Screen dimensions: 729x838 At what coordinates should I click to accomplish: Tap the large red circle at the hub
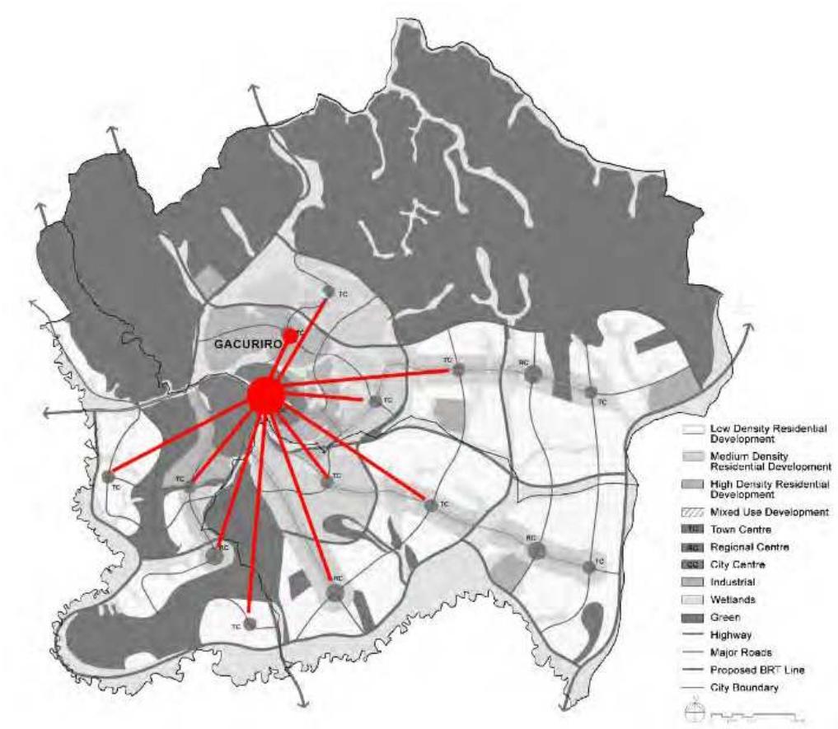pos(266,395)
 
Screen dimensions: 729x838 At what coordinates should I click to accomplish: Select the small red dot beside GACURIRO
pos(289,335)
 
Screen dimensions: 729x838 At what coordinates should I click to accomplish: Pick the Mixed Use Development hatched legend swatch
pos(692,512)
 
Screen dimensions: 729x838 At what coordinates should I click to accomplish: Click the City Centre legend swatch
pos(692,564)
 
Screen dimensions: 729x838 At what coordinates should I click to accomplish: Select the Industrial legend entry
pos(723,582)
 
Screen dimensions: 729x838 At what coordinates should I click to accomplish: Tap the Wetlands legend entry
pos(723,599)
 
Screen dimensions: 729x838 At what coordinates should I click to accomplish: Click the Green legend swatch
pos(692,616)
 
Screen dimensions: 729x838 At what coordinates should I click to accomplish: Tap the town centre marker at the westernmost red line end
pos(108,476)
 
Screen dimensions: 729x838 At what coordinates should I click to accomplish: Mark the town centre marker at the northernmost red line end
pos(328,292)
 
